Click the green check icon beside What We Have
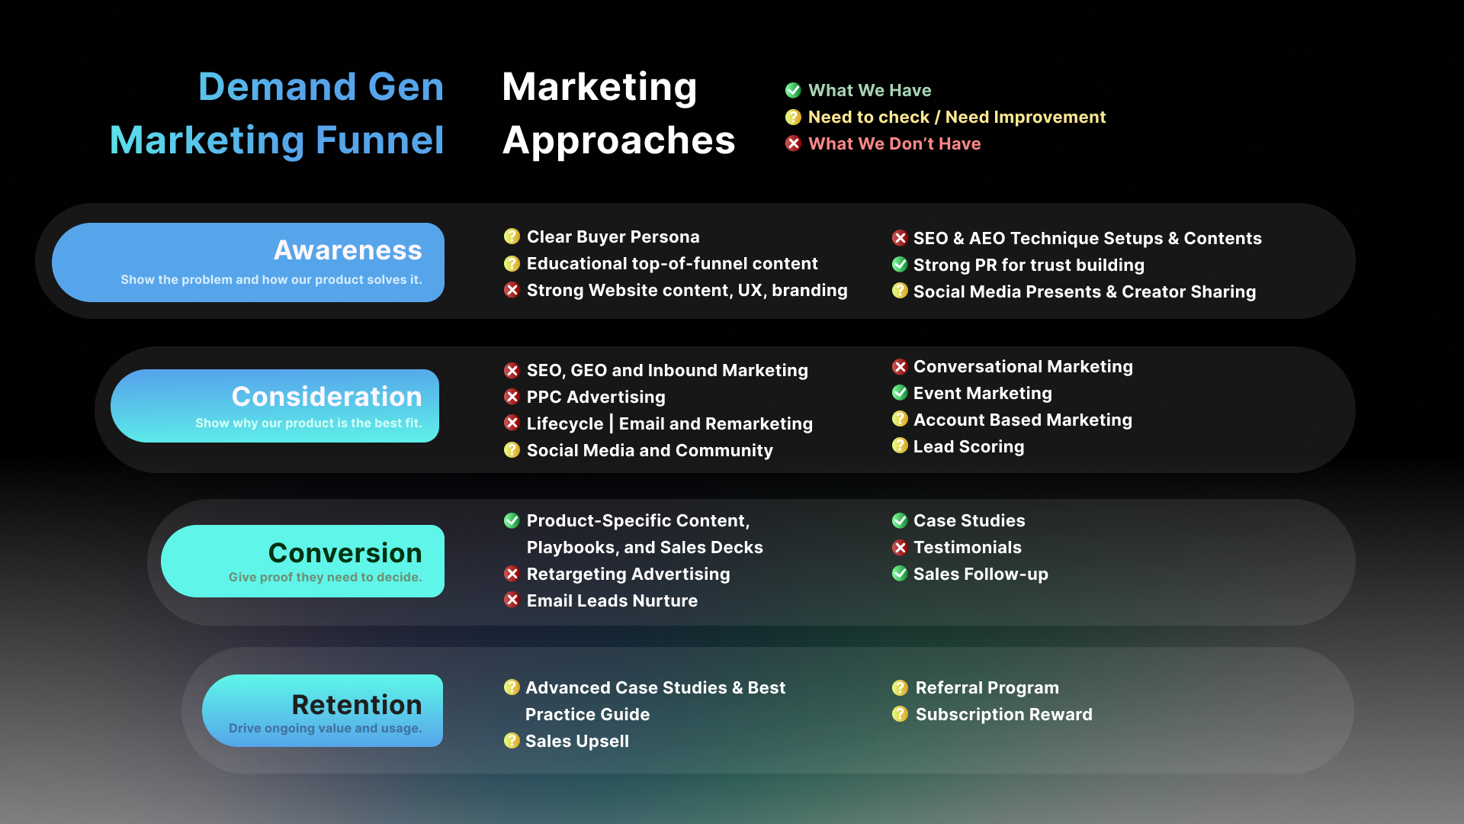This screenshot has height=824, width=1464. [793, 90]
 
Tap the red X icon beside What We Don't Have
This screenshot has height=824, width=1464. [793, 143]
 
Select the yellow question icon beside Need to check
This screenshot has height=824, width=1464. [793, 117]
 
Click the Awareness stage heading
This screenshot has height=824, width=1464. [348, 250]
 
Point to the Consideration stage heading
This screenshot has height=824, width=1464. [326, 397]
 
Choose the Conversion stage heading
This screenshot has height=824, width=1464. [345, 553]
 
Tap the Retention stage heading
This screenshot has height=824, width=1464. [357, 705]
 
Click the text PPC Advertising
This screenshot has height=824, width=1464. [596, 397]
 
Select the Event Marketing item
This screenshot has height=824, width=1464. [983, 393]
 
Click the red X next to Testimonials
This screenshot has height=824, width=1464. [900, 547]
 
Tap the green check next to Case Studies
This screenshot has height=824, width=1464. [900, 520]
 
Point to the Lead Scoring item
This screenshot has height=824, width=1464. [968, 446]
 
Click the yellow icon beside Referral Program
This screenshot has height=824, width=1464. [900, 687]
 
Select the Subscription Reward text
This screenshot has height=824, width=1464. [1003, 714]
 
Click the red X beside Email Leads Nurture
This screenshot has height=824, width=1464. [512, 600]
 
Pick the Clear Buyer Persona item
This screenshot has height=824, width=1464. [613, 237]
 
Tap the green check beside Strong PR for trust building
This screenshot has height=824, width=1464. [900, 264]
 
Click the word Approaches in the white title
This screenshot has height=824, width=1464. [618, 140]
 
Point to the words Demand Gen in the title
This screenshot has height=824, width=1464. [321, 86]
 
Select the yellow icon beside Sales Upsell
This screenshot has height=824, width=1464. [512, 740]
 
